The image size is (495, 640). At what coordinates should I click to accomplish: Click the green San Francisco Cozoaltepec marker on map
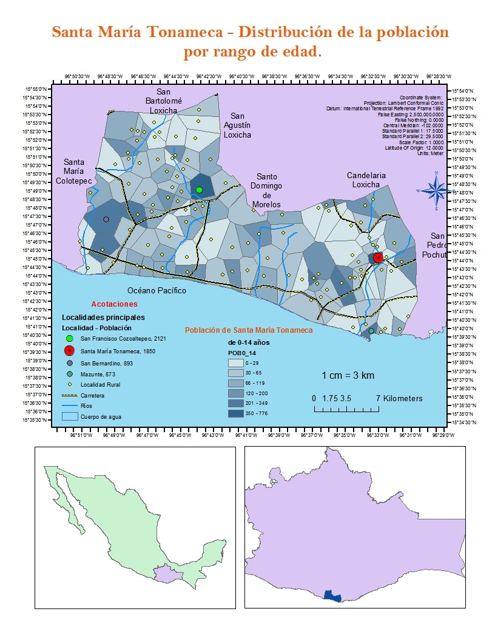[x=199, y=190]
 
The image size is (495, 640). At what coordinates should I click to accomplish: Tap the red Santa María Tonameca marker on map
[x=377, y=258]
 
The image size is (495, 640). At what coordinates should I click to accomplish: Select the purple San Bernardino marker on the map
[x=106, y=219]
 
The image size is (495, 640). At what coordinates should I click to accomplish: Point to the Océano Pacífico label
[x=157, y=291]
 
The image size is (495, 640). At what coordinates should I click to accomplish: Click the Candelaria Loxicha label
[x=366, y=180]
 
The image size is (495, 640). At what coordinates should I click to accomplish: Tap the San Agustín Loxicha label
[x=237, y=125]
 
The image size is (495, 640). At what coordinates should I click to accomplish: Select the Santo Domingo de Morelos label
[x=266, y=190]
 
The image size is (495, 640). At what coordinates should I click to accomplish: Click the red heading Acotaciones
[x=114, y=304]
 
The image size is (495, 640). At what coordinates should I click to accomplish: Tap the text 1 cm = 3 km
[x=348, y=376]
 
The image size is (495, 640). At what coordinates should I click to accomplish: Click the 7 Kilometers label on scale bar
[x=399, y=398]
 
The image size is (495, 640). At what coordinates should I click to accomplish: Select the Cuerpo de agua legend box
[x=70, y=416]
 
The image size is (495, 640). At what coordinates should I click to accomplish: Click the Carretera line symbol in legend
[x=70, y=395]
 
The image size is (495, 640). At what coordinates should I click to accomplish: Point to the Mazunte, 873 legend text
[x=98, y=373]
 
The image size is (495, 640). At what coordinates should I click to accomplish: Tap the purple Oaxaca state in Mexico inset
[x=163, y=573]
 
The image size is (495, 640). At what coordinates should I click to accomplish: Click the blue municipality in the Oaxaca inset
[x=332, y=596]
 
